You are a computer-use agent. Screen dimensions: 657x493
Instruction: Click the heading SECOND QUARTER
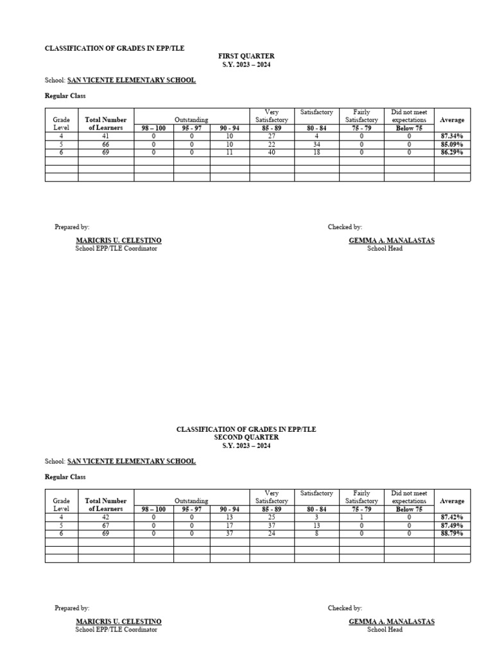[x=246, y=437]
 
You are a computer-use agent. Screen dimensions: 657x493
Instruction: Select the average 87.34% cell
[x=452, y=137]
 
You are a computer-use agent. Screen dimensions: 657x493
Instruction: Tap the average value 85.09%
[x=452, y=144]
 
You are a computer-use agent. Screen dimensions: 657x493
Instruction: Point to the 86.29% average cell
[x=452, y=152]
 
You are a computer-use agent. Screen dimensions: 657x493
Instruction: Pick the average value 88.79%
[x=452, y=533]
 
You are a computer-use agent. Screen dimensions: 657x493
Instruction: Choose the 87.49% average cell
[x=452, y=525]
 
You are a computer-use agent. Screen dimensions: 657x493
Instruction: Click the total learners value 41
[x=106, y=137]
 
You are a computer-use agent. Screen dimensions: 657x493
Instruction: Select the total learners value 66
[x=106, y=144]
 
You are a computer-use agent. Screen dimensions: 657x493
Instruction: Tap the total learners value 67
[x=106, y=525]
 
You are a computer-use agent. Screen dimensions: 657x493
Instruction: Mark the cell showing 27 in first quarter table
[x=272, y=137]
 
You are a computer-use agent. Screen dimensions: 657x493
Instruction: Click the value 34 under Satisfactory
[x=316, y=144]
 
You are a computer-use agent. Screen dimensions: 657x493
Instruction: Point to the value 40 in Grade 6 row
[x=272, y=152]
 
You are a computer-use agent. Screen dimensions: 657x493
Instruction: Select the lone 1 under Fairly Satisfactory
[x=361, y=517]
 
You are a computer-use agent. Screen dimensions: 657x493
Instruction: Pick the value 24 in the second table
[x=272, y=533]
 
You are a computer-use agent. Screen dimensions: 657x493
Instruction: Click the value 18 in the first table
[x=316, y=152]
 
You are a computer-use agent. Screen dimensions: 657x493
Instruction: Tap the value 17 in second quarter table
[x=230, y=525]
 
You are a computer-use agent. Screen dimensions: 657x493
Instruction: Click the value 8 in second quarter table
[x=316, y=533]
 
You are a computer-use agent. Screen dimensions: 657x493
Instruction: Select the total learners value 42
[x=106, y=517]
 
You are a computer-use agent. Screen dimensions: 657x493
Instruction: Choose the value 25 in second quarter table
[x=272, y=517]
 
